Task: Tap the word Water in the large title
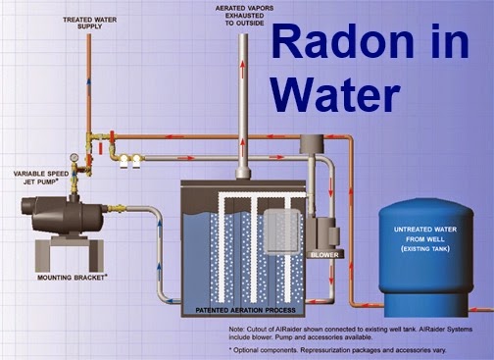click(335, 94)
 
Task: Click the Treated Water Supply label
click(89, 23)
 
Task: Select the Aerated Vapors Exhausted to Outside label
click(244, 16)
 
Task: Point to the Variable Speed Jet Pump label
click(41, 178)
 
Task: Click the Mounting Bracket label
click(73, 278)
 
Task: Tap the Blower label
click(324, 255)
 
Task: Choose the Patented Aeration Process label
click(245, 310)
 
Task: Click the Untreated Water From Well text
click(425, 239)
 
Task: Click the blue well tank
click(425, 257)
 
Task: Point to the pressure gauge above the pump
click(74, 157)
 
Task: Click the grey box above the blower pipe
click(312, 144)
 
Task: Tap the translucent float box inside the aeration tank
click(282, 231)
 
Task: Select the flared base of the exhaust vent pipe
click(243, 173)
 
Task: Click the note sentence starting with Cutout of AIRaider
click(351, 333)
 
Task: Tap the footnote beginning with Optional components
click(337, 350)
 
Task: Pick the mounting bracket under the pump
click(70, 253)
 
